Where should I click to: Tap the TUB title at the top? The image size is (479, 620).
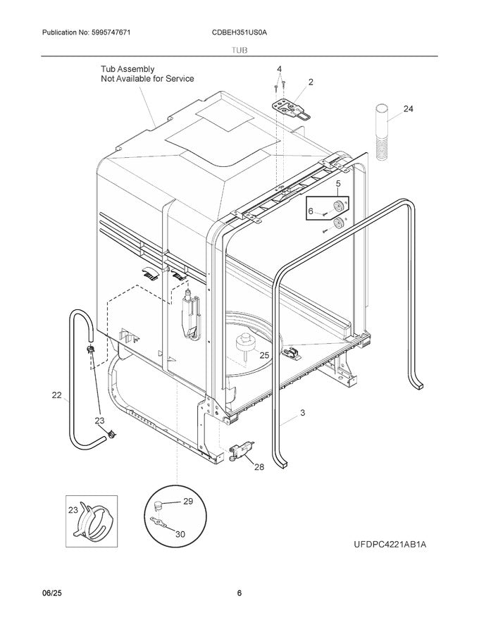tap(240, 51)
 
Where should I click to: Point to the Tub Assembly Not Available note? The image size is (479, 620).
tap(147, 74)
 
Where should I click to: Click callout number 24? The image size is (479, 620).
tap(409, 108)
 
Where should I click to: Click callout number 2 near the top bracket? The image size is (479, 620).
tap(311, 82)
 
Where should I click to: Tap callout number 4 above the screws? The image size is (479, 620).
tap(279, 69)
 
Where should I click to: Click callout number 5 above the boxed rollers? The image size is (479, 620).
tap(337, 185)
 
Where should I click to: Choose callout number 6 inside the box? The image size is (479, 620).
tap(311, 211)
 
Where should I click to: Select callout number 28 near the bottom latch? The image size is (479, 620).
tap(259, 466)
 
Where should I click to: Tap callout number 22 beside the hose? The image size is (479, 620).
tap(57, 395)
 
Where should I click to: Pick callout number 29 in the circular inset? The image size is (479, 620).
tap(187, 501)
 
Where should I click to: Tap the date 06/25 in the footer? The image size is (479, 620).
tap(43, 593)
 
